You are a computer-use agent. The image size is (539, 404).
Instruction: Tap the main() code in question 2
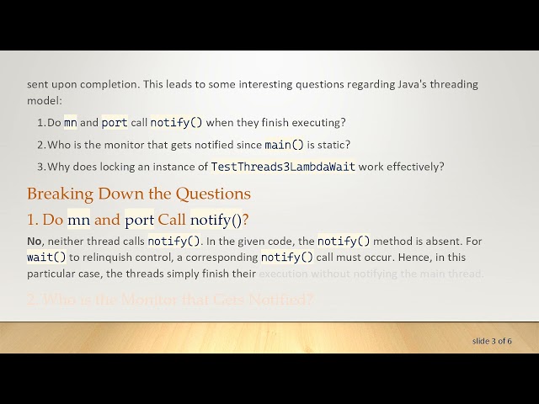click(284, 145)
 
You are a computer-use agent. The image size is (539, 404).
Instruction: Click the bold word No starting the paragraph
click(35, 242)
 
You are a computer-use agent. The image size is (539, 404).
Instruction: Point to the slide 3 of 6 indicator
click(492, 341)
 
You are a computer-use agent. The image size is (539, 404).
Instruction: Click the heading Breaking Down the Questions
click(138, 194)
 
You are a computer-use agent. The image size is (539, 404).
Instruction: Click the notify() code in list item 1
click(176, 123)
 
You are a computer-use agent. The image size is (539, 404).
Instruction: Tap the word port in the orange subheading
click(139, 221)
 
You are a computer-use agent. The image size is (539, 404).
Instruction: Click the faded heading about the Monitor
click(171, 299)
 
